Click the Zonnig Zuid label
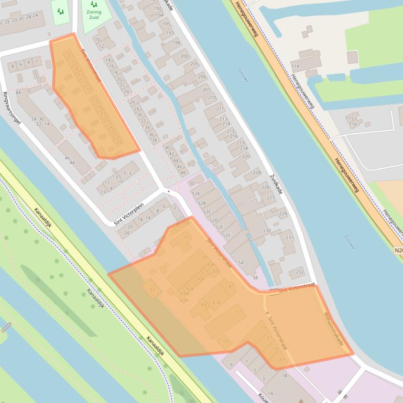pyautogui.click(x=94, y=15)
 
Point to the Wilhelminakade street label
pyautogui.click(x=334, y=329)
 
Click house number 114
pyautogui.click(x=296, y=66)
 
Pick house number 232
pyautogui.click(x=300, y=272)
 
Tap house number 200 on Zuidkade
pyautogui.click(x=184, y=56)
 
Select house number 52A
pyautogui.click(x=196, y=193)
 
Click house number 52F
pyautogui.click(x=226, y=235)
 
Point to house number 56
pyautogui.click(x=255, y=277)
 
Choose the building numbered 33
pyautogui.click(x=152, y=289)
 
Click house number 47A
pyautogui.click(x=217, y=303)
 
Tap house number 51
pyautogui.click(x=239, y=312)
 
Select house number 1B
pyautogui.click(x=284, y=375)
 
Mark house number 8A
pyautogui.click(x=18, y=93)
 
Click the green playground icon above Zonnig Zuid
pyautogui.click(x=94, y=4)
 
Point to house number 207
pyautogui.click(x=206, y=89)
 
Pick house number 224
pyautogui.click(x=256, y=172)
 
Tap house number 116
pyautogui.click(x=353, y=124)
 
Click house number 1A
pyautogui.click(x=270, y=394)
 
